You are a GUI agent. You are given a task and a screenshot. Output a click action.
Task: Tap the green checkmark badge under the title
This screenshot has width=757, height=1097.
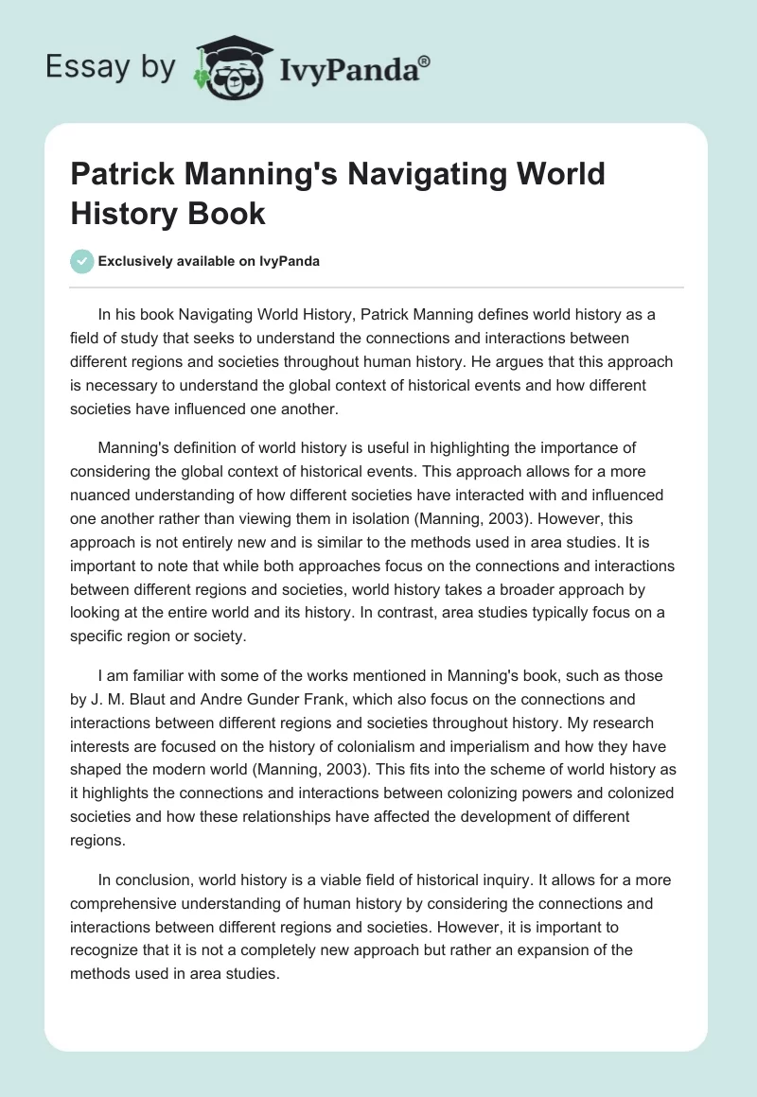(x=83, y=262)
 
